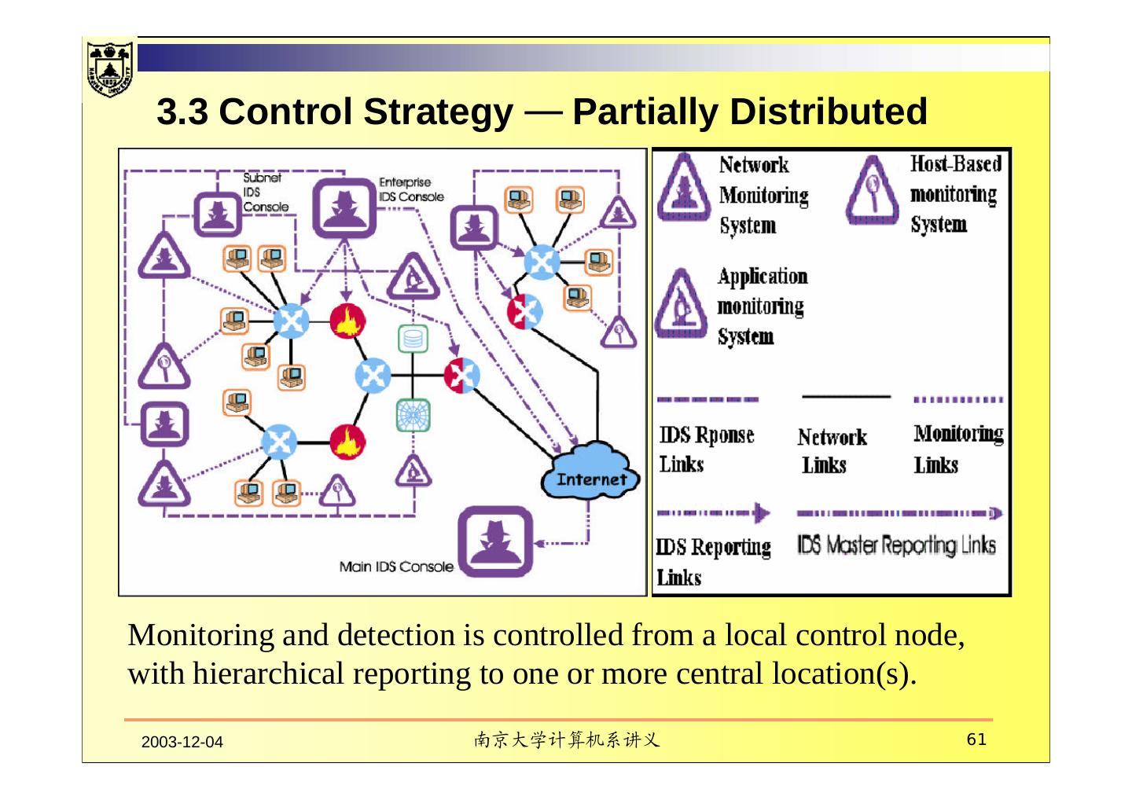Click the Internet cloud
tap(590, 470)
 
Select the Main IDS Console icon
tap(495, 541)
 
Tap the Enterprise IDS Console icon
tap(344, 208)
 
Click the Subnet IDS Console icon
tap(219, 212)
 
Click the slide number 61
tap(976, 739)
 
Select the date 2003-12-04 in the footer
tap(182, 742)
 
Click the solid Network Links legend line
tap(845, 397)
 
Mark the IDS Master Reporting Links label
tap(896, 545)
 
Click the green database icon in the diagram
tap(413, 339)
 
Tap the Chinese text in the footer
tap(566, 740)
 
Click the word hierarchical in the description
tap(269, 673)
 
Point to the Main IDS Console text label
tap(395, 566)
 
